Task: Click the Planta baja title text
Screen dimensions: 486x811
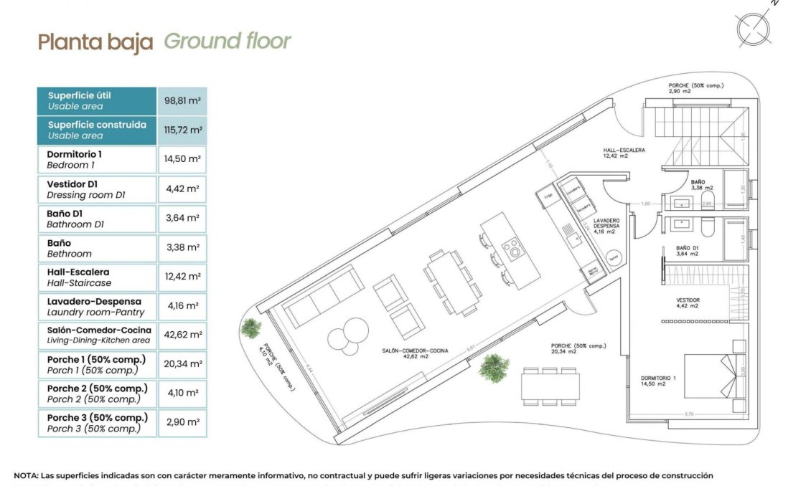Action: point(95,42)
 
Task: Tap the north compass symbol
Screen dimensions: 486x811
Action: point(754,28)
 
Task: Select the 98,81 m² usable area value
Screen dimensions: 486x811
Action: point(182,100)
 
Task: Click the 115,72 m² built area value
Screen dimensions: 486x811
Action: point(182,130)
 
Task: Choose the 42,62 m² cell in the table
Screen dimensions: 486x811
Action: point(182,335)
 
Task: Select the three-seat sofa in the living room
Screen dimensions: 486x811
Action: point(322,295)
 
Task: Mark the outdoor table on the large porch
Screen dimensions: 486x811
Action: point(551,385)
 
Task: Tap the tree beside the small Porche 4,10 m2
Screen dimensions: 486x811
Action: point(251,328)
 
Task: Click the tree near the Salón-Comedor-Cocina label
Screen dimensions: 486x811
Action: point(494,368)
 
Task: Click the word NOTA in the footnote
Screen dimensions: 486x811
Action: point(29,475)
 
